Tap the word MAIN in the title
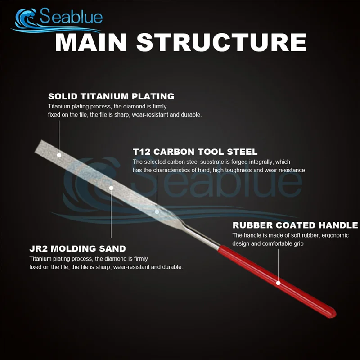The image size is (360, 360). click(91, 42)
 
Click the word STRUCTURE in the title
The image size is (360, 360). click(221, 42)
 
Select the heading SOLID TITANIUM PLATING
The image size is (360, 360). click(111, 96)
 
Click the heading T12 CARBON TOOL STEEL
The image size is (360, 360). click(195, 152)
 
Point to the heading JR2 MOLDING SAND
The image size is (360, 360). click(77, 249)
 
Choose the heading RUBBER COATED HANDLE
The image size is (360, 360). click(295, 225)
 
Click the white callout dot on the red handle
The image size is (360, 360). click(278, 283)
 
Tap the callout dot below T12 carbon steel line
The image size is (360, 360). click(157, 211)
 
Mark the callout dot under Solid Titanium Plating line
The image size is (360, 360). click(59, 155)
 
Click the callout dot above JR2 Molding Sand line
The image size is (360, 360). click(111, 188)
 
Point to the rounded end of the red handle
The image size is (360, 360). click(333, 314)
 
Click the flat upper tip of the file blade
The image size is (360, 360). click(39, 145)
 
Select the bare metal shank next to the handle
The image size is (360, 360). click(202, 237)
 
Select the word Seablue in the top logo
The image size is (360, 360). click(71, 16)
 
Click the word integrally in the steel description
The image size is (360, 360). click(258, 162)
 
